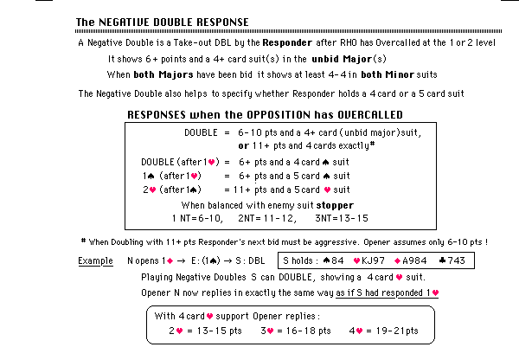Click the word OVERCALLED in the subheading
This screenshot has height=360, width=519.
click(341, 114)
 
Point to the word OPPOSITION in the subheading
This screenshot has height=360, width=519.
click(242, 114)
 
